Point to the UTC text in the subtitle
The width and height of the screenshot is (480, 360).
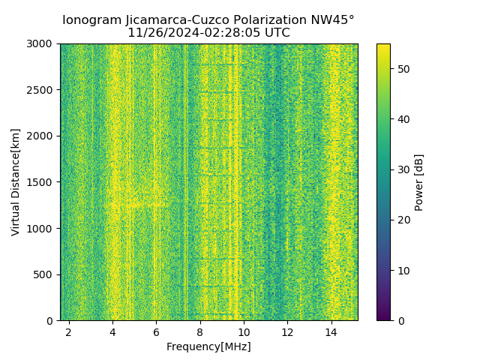click(275, 33)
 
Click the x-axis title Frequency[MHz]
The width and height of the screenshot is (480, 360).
click(208, 346)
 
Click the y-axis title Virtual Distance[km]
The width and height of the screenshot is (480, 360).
click(16, 182)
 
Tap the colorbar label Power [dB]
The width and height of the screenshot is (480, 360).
click(419, 182)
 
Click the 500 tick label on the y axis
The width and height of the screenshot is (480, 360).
click(45, 274)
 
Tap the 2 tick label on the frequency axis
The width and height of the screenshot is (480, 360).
click(69, 331)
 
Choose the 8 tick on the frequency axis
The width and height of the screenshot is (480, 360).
click(200, 331)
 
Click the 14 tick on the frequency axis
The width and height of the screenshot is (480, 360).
click(331, 331)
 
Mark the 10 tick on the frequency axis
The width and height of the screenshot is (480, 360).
click(244, 331)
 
